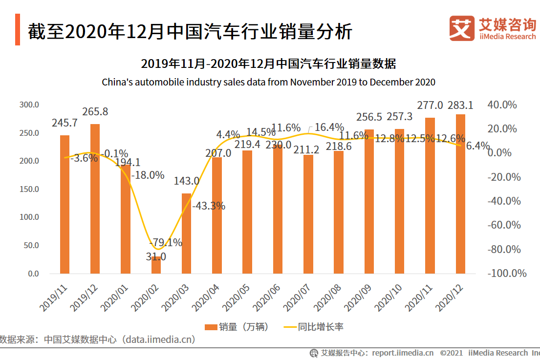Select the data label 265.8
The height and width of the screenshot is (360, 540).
click(95, 112)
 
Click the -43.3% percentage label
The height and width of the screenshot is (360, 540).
click(208, 206)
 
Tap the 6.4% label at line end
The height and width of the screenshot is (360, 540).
click(477, 146)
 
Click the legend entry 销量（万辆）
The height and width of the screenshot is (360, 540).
click(237, 327)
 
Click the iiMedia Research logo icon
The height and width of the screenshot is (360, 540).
click(462, 28)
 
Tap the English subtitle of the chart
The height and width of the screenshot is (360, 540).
click(268, 82)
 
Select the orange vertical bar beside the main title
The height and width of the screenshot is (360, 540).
click(18, 30)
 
